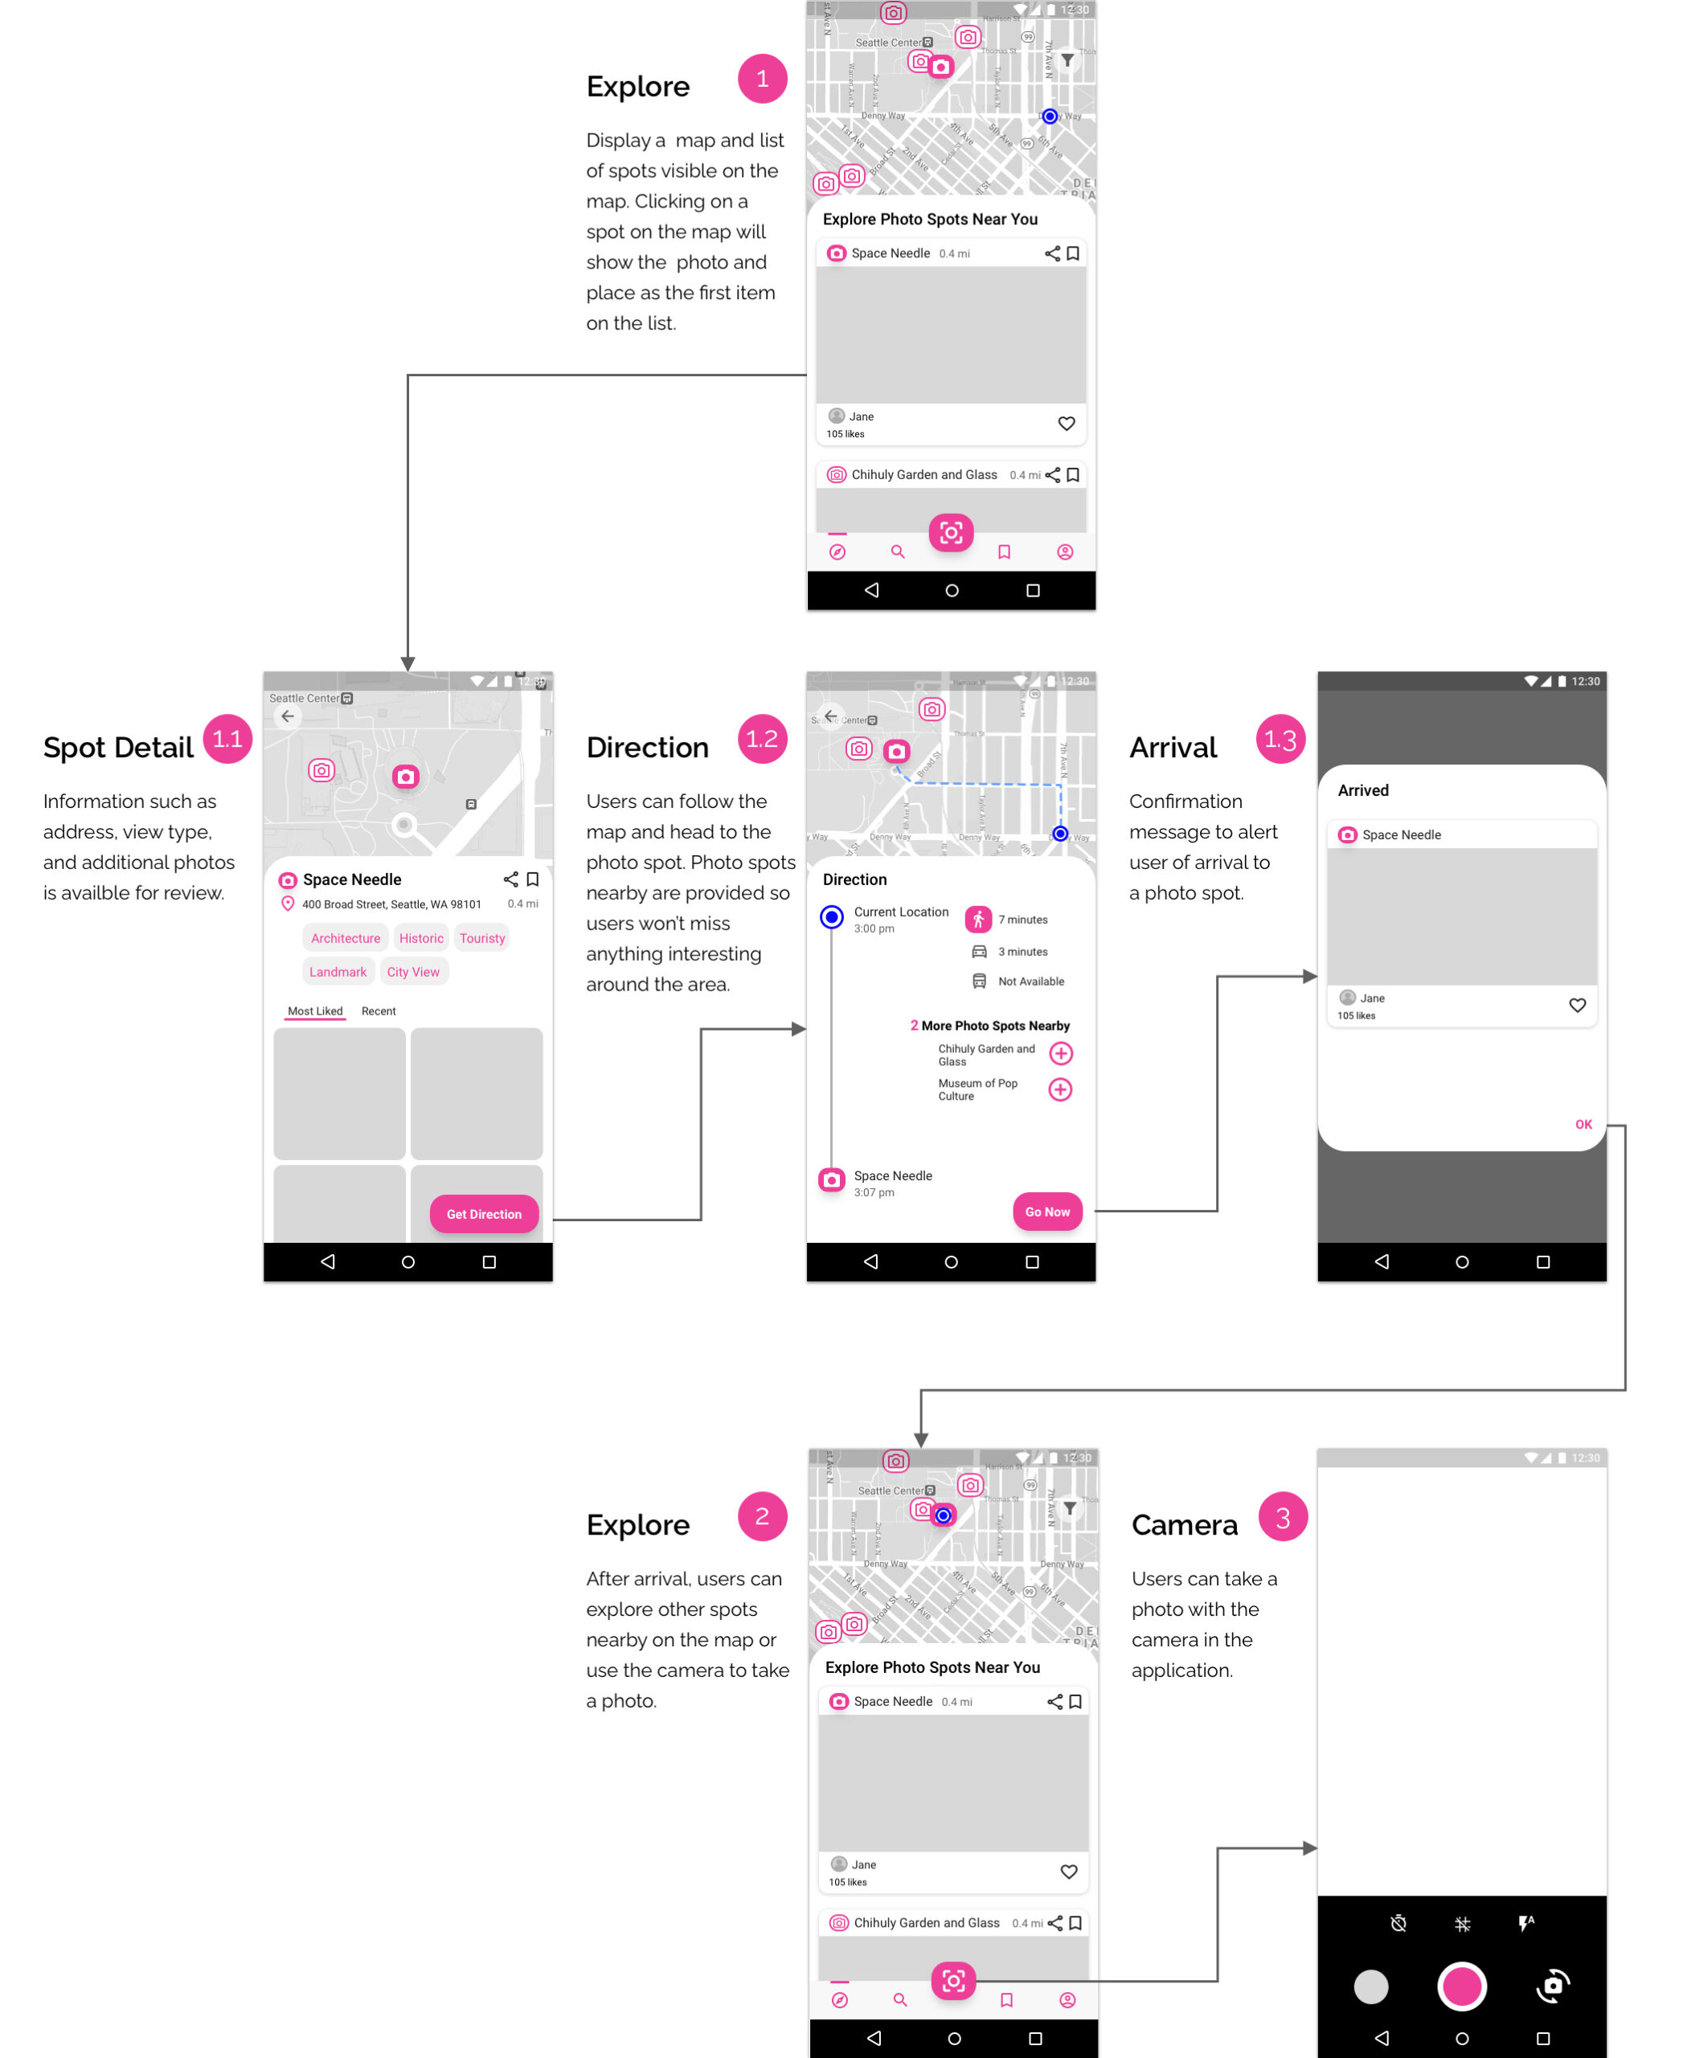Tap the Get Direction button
tap(484, 1214)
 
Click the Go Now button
tap(1046, 1211)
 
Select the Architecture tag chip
tap(345, 938)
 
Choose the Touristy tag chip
tap(482, 938)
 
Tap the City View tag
tap(413, 971)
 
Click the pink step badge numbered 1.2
tap(762, 739)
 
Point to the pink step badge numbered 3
tap(1283, 1516)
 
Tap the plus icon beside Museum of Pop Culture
tap(1060, 1090)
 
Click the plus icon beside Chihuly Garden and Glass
tap(1060, 1053)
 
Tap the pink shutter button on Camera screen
tap(1461, 1986)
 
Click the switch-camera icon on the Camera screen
tap(1553, 1986)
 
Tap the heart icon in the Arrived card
tap(1577, 1005)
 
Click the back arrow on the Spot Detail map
tap(288, 716)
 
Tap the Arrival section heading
tap(1173, 748)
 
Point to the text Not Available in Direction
tap(1031, 982)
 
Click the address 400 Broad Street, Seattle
tap(391, 904)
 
